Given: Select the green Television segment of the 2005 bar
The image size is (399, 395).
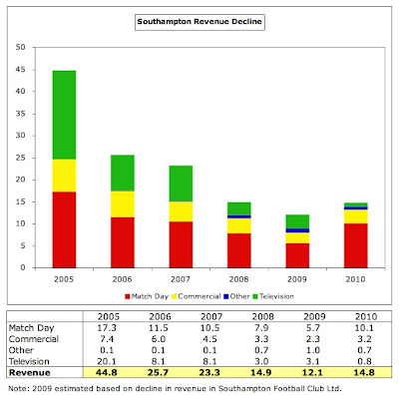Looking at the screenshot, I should click(64, 115).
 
